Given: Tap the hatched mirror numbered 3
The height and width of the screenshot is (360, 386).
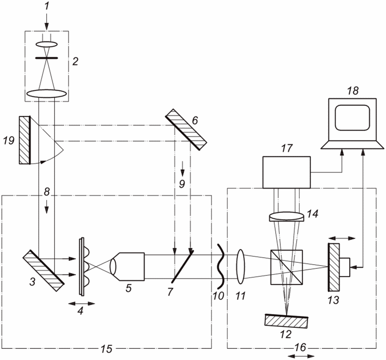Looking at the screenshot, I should click(43, 270).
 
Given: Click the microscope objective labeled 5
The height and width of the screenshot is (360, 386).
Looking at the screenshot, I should click(129, 267).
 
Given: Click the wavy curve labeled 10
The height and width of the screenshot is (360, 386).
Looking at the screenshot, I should click(220, 266).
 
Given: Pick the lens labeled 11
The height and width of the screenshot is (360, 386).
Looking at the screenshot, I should click(241, 267).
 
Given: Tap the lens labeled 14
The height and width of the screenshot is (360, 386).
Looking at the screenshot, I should click(286, 217).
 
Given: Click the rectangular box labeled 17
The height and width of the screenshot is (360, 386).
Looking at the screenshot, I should click(286, 172).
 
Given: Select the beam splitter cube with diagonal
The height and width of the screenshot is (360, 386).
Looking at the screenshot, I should click(286, 267).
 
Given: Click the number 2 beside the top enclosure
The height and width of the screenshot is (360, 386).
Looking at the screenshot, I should click(75, 61).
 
